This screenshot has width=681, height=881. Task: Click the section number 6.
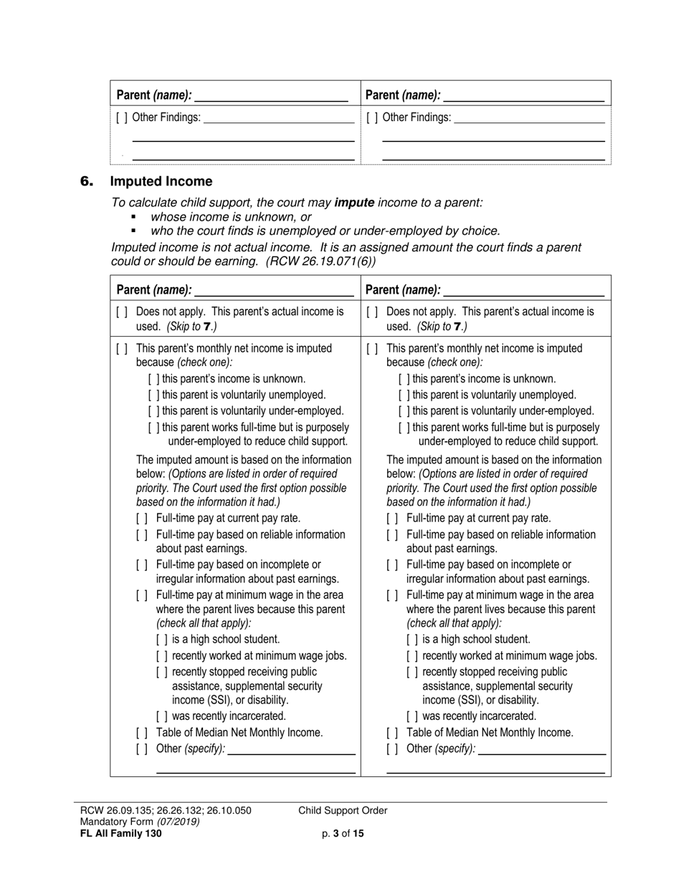click(87, 182)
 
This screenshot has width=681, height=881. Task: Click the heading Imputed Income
click(161, 181)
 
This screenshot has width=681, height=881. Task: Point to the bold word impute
click(354, 203)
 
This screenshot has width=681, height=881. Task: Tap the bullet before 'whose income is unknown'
click(133, 216)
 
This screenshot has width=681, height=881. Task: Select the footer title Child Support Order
click(343, 811)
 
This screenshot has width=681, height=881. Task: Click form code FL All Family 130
click(121, 834)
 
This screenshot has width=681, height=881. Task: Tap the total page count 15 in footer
click(358, 834)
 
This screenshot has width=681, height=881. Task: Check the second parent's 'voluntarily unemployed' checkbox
click(404, 395)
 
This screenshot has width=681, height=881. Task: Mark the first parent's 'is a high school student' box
click(162, 639)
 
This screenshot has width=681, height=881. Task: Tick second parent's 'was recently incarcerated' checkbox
click(412, 716)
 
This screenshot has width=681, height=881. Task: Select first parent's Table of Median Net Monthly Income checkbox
click(142, 733)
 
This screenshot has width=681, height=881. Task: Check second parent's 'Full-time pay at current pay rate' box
click(392, 519)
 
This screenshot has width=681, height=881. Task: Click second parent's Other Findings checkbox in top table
click(372, 117)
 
